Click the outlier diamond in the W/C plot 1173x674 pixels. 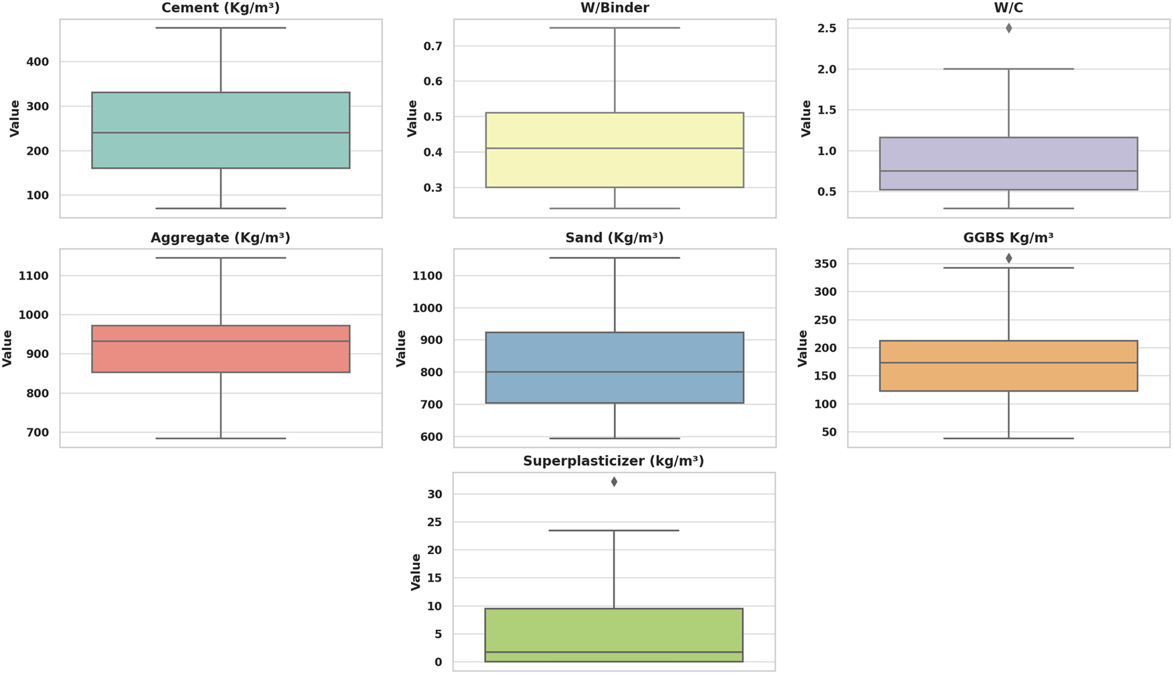coord(1008,28)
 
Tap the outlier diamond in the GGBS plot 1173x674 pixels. coord(1008,258)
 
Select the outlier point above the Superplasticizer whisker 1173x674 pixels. coord(614,482)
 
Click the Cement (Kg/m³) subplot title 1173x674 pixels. coord(220,8)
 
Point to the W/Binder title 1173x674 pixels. coord(614,8)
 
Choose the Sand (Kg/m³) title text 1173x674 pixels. coord(614,238)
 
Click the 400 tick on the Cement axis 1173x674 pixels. coord(37,62)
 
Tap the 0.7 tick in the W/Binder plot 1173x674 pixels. coord(433,46)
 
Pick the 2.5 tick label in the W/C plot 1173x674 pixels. coord(827,28)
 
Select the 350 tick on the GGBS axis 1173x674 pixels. coord(826,264)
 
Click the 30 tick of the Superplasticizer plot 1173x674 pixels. coord(435,494)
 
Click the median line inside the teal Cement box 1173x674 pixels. coord(220,133)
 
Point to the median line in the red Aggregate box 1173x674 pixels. coord(220,341)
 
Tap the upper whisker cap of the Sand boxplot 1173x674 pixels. coord(614,258)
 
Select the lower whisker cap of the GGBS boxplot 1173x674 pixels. coord(1008,438)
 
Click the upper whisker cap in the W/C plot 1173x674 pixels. coord(1008,69)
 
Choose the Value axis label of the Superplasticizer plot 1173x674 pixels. coord(416,572)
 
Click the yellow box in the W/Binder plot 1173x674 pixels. coord(614,167)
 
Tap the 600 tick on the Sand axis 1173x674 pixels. coord(431,436)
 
